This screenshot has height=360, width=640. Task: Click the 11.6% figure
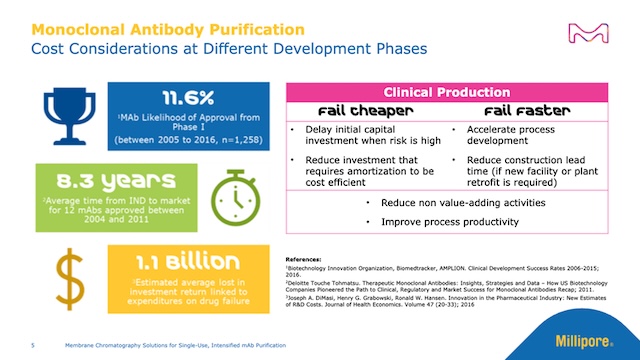pyautogui.click(x=186, y=97)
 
